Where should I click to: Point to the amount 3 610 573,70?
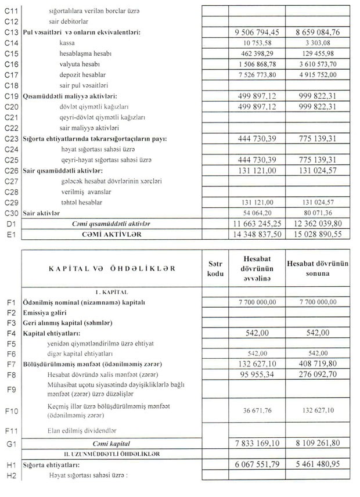(322, 64)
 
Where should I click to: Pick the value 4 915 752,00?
(322, 75)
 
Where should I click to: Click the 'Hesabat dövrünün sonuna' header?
(322, 269)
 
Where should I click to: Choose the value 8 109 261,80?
(322, 442)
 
